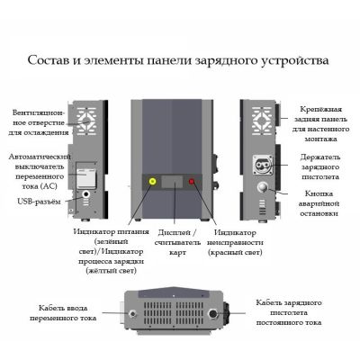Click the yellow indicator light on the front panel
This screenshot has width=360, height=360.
(x=152, y=182)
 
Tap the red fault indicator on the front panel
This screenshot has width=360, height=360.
(x=192, y=182)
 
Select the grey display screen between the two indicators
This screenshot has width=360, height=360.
(x=172, y=182)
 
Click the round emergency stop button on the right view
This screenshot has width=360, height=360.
(x=263, y=187)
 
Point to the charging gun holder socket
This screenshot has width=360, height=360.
(x=263, y=165)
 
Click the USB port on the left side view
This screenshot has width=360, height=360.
(x=86, y=194)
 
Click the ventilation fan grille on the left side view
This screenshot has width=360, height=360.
(x=86, y=121)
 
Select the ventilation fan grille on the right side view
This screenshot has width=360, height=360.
(x=262, y=121)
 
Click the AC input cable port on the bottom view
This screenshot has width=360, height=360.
(x=132, y=314)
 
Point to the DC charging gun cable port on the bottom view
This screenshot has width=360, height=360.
(x=213, y=314)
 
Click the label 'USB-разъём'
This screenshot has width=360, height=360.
(x=39, y=202)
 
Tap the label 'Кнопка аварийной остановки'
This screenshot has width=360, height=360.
(x=319, y=203)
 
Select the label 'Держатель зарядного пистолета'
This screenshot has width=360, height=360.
(x=320, y=166)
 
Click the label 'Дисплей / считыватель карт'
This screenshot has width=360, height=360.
(x=177, y=242)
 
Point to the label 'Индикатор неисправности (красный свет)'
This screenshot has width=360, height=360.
(x=235, y=242)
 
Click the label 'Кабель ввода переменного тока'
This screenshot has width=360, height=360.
(x=63, y=313)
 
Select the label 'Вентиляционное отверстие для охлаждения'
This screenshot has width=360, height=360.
(x=39, y=122)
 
